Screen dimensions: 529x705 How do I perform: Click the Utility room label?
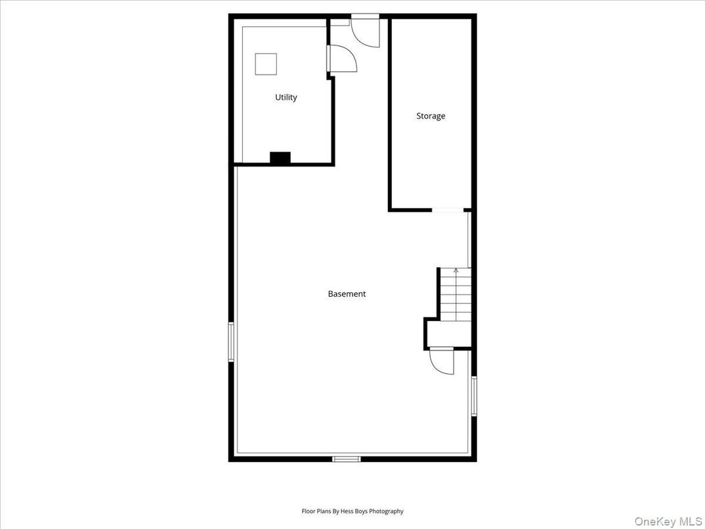click(286, 97)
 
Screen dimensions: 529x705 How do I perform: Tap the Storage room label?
click(431, 116)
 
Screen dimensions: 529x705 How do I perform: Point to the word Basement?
click(347, 294)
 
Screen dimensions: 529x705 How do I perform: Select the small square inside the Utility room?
click(266, 64)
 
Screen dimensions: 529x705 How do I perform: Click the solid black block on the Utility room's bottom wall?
click(280, 158)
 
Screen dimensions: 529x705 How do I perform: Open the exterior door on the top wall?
click(365, 30)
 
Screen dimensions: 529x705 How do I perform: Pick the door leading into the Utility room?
click(342, 58)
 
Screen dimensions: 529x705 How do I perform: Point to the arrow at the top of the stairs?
click(456, 270)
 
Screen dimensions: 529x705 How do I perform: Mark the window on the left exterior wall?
click(231, 341)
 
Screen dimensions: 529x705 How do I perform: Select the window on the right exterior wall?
click(474, 396)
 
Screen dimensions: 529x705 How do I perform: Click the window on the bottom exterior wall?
click(347, 459)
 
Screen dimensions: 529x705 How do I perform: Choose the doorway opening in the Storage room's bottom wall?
click(448, 210)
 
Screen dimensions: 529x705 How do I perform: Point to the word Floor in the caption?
click(308, 511)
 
